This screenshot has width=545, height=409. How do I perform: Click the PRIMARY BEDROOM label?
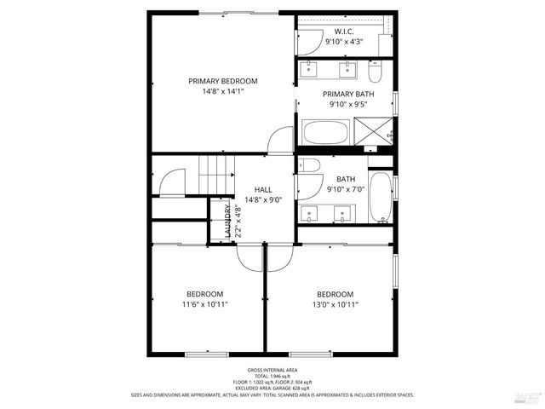(223, 81)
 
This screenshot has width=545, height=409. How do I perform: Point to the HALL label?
(263, 190)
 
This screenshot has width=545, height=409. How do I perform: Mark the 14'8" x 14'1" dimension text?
(223, 91)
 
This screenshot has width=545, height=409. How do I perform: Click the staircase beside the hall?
(216, 175)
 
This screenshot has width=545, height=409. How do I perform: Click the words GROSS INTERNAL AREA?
(272, 370)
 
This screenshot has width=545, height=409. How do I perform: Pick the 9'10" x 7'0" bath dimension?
(345, 189)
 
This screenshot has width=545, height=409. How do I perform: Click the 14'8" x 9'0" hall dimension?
(263, 200)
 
